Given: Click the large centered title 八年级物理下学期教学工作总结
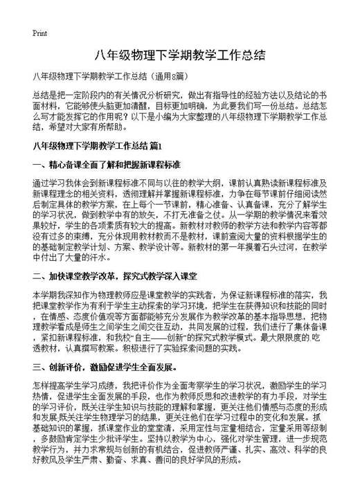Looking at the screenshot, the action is (x=180, y=55).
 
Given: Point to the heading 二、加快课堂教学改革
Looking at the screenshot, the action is (x=80, y=275).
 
